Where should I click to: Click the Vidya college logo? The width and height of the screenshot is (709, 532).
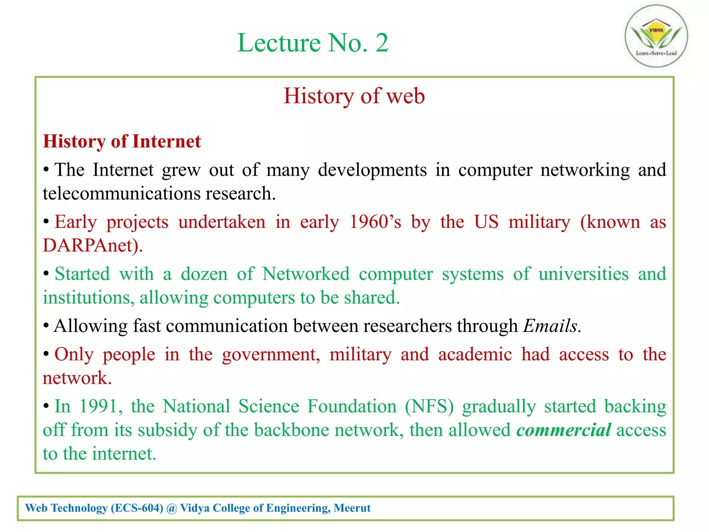656,36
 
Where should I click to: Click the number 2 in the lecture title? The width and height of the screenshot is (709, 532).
382,43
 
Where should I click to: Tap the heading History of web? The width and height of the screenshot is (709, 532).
354,96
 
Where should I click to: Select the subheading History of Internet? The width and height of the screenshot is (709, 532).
122,142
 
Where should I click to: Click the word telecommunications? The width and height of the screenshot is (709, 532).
122,193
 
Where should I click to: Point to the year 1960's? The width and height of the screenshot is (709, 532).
375,222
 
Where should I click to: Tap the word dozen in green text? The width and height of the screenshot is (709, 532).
204,274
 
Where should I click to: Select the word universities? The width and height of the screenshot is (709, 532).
583,274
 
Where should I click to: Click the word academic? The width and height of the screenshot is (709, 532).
475,355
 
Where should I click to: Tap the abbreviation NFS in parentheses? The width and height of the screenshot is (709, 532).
429,406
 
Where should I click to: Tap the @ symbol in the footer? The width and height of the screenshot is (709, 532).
171,508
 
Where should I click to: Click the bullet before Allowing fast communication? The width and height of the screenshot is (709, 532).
46,326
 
